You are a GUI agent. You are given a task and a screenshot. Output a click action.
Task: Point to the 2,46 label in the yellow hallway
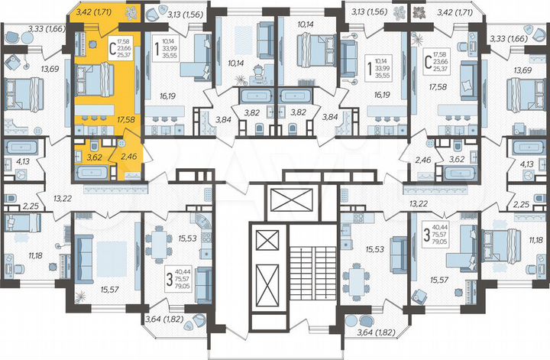127,159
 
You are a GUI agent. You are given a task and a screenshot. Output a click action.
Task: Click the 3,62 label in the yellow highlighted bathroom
95,158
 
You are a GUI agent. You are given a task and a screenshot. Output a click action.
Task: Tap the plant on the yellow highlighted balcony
129,11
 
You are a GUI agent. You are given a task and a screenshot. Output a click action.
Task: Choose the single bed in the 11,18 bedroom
23,222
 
